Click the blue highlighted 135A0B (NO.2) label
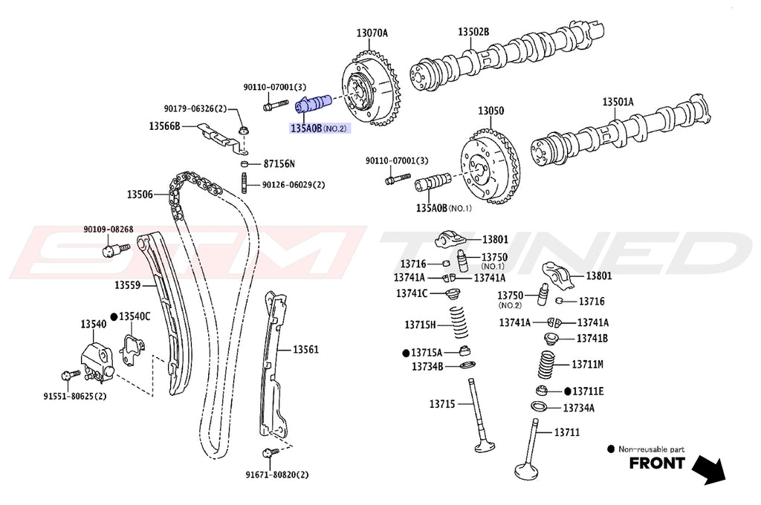coord(318,128)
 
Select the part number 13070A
coord(372,33)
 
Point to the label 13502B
coord(473,33)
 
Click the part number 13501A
coord(618,102)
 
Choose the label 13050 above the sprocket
coord(490,111)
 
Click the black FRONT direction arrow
coord(710,468)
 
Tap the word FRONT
coord(657,464)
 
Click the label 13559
coord(127,285)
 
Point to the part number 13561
coord(305,349)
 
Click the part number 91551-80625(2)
coord(74,396)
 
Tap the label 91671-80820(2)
coord(277,474)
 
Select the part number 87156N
coord(279,163)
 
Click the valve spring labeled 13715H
coord(450,325)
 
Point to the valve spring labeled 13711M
coord(547,365)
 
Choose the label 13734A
coord(578,408)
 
